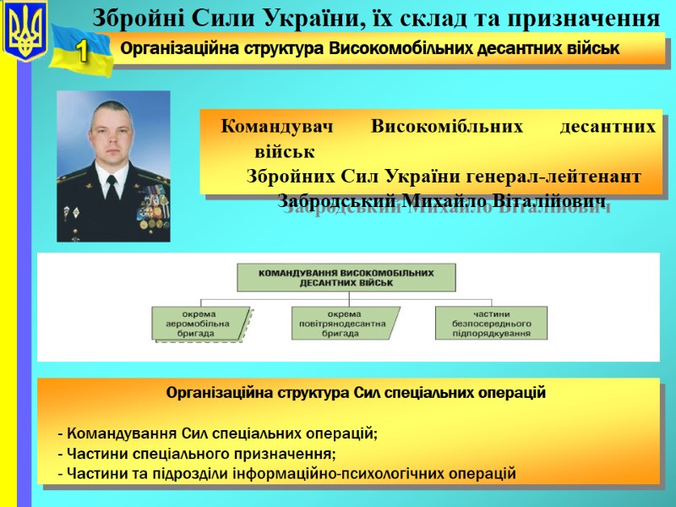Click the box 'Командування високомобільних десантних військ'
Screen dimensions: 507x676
[346, 278]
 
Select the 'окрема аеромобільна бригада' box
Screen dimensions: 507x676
[200, 323]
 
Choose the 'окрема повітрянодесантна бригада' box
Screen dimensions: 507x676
[346, 323]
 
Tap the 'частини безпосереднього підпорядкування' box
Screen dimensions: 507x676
[491, 323]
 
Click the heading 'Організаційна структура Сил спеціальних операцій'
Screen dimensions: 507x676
[356, 393]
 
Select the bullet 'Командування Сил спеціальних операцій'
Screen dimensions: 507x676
[217, 433]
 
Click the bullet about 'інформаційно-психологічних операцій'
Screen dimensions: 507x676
[286, 472]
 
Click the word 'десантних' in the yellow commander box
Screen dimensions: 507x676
[608, 128]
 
